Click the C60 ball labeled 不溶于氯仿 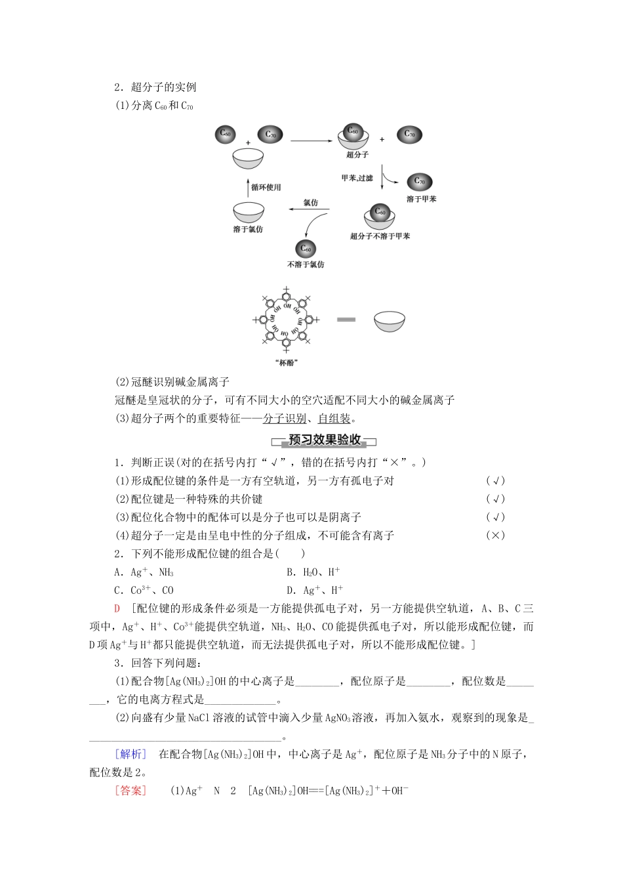306,249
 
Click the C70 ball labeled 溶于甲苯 420,182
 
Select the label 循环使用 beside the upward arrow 266,187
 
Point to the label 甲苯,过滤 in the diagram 357,178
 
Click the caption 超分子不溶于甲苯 380,236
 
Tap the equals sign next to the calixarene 346,320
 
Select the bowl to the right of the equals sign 390,321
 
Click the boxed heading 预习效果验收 325,440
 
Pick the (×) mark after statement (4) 495,535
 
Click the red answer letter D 117,608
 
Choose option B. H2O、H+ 313,572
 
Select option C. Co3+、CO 144,590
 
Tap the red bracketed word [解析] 131,754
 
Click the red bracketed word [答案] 131,791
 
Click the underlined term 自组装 334,419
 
